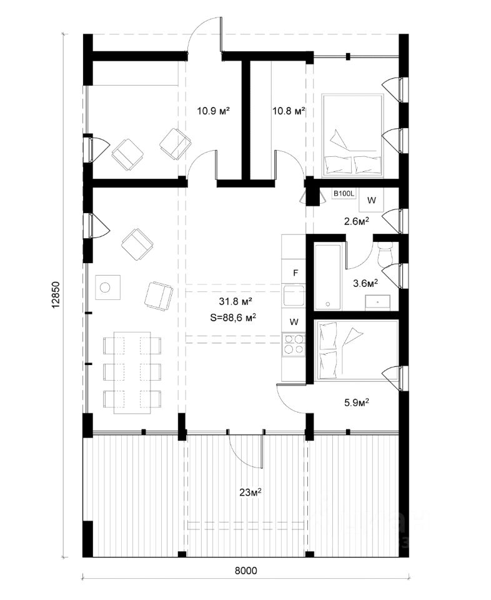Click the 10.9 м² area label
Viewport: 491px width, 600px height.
click(213, 111)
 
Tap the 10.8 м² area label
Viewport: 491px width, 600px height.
click(289, 111)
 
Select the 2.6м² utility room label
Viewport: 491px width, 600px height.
click(357, 221)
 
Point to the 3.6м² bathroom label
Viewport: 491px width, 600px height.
click(365, 283)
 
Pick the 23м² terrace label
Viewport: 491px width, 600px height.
click(250, 492)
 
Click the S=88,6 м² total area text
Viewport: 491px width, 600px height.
click(233, 317)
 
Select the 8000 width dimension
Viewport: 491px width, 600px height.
click(245, 571)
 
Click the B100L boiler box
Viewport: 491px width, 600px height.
click(344, 194)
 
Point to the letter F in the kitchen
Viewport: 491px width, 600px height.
click(295, 273)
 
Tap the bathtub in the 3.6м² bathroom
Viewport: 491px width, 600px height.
click(329, 277)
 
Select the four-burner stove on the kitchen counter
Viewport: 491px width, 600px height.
click(294, 344)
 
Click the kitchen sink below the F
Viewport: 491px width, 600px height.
click(294, 295)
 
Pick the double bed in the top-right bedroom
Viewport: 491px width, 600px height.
click(352, 136)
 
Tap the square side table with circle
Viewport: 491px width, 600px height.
click(107, 287)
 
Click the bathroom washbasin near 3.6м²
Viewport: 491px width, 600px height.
click(378, 302)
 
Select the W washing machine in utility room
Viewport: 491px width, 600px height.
click(372, 200)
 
